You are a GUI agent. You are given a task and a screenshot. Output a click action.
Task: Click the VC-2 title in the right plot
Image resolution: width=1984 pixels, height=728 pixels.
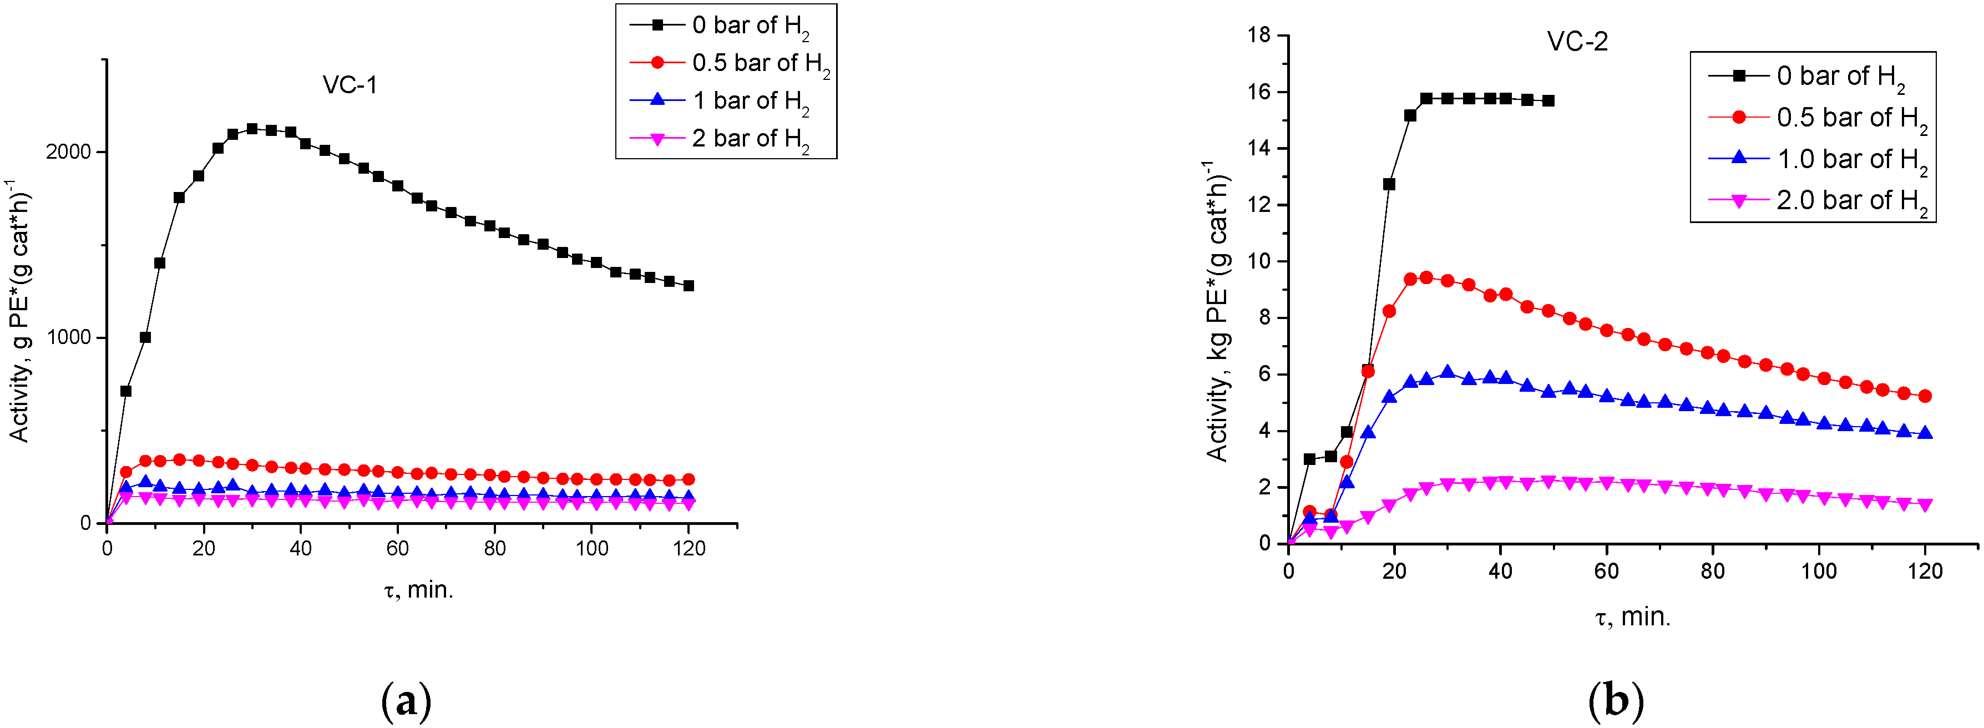click(x=1577, y=42)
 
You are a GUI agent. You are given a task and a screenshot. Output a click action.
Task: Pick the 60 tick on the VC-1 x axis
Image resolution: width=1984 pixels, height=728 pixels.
click(x=397, y=549)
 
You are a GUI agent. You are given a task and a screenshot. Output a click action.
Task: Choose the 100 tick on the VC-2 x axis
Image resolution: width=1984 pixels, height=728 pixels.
click(x=1819, y=571)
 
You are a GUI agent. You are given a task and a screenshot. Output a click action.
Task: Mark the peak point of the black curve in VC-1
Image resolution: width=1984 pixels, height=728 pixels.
click(x=252, y=129)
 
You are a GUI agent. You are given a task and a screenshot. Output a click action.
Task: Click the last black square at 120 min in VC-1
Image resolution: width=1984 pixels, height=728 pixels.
click(x=689, y=286)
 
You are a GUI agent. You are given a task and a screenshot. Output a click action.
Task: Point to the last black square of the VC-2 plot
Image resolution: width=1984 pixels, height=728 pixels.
click(x=1548, y=101)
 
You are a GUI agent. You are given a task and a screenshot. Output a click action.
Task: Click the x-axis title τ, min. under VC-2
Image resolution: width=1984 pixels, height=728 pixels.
click(x=1632, y=617)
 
